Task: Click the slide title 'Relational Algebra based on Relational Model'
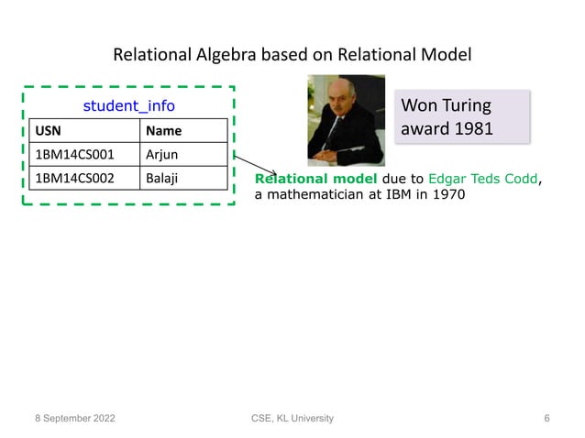click(x=292, y=55)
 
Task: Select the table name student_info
click(x=128, y=106)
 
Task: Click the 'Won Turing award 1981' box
click(x=462, y=116)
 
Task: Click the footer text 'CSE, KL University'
click(x=292, y=419)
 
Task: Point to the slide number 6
click(x=546, y=419)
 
